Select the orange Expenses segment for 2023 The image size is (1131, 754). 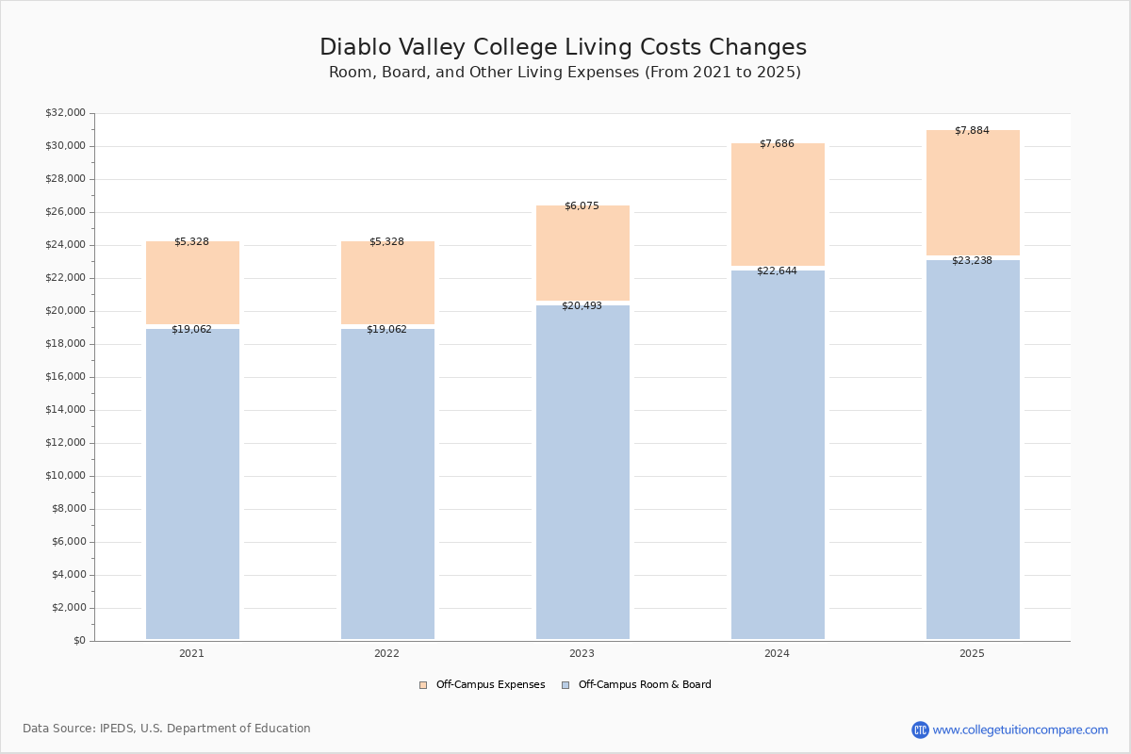582,254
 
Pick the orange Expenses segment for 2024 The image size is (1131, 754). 778,207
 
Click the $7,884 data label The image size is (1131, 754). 972,131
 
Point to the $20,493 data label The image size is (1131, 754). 582,306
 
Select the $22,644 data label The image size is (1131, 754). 777,271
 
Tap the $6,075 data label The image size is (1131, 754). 582,206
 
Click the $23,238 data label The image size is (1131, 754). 972,261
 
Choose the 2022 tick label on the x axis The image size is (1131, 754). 386,653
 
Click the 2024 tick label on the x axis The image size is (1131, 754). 777,653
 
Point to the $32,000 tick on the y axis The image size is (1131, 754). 65,113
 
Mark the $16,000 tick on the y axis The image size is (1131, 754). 65,377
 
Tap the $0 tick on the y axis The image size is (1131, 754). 79,641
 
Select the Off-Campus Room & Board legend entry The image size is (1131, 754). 645,685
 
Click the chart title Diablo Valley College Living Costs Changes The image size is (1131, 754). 564,48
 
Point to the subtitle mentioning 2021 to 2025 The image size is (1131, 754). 565,73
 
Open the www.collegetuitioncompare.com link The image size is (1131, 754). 1020,729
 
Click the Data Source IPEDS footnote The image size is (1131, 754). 167,729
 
